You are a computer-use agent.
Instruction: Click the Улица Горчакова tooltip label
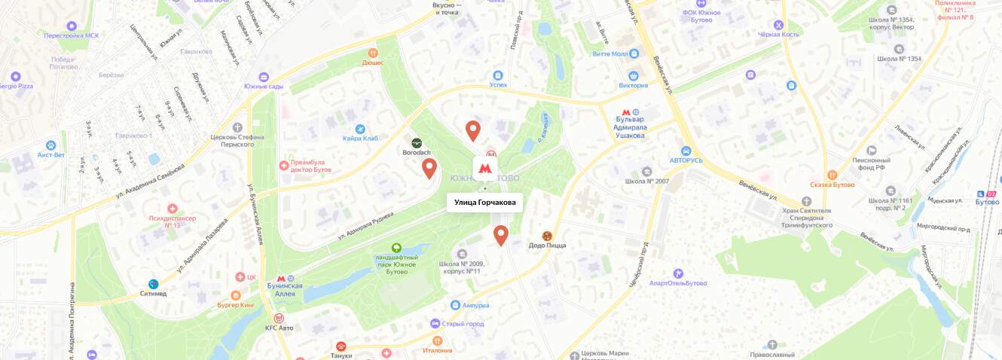coord(484,202)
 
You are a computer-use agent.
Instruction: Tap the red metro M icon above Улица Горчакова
coord(485,167)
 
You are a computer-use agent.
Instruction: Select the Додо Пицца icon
coord(547,236)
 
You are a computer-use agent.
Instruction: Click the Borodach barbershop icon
coord(417,142)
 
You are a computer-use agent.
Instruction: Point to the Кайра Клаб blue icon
coord(360,129)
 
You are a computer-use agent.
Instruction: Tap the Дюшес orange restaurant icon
coord(372,53)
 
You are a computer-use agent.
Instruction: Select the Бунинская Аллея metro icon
coord(280,278)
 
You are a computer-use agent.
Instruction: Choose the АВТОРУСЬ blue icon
coord(686,151)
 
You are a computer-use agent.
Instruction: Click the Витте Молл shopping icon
coord(634,54)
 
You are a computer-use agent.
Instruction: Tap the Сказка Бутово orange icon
coord(832,175)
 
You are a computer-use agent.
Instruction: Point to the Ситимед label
coord(166,294)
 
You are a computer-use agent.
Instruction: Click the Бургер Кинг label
coord(236,305)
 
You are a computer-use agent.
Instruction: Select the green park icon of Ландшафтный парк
coord(396,248)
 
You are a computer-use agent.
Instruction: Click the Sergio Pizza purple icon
coord(15,76)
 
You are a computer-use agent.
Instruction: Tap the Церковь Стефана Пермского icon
coord(238,127)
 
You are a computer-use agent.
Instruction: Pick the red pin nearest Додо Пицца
coord(501,235)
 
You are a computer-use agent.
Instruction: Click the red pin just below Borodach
coord(429,168)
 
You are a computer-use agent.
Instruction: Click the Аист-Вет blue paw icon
coord(51,145)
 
